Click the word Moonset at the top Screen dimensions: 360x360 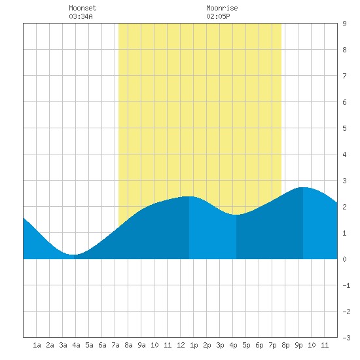click(82, 8)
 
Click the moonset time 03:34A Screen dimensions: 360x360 click(81, 16)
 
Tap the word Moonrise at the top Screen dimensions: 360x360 click(222, 8)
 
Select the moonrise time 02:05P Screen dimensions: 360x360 click(218, 16)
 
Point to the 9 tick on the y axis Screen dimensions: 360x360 click(344, 24)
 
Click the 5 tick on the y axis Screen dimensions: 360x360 click(344, 128)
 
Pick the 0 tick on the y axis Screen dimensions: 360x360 click(344, 259)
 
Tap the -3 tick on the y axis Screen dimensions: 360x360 click(346, 338)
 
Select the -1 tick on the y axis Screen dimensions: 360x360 click(346, 285)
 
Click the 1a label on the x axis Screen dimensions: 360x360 click(37, 345)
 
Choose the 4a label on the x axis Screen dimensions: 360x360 click(76, 345)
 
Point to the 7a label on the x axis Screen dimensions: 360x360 click(115, 345)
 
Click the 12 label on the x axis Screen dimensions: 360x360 click(181, 345)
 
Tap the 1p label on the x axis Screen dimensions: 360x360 click(194, 345)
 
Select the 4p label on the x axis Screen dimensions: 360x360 click(233, 345)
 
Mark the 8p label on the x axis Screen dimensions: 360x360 click(285, 345)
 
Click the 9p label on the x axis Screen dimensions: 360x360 click(298, 345)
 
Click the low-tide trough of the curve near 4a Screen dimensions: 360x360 click(73, 255)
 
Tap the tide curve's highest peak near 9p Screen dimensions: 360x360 click(303, 187)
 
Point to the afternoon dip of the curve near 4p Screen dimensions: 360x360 click(236, 215)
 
